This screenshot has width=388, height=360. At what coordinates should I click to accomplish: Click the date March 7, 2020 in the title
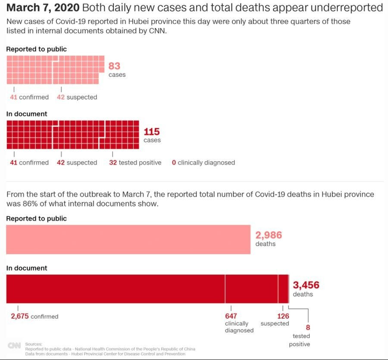click(x=43, y=8)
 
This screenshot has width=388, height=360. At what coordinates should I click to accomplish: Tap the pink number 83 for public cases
click(x=114, y=66)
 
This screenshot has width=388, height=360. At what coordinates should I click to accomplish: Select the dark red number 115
click(x=152, y=131)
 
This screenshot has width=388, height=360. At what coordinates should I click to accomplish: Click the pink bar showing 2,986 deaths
click(x=128, y=239)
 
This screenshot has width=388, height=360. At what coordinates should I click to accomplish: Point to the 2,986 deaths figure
click(x=269, y=235)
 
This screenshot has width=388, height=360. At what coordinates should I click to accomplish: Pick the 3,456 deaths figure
click(x=306, y=285)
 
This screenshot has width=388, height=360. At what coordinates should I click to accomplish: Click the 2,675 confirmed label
click(x=34, y=316)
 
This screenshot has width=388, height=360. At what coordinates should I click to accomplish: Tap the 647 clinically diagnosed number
click(x=231, y=316)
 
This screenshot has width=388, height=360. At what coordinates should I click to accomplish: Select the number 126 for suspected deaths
click(x=283, y=316)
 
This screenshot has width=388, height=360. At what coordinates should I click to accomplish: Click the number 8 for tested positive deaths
click(x=308, y=327)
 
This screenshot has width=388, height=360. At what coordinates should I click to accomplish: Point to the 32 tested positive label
click(x=135, y=163)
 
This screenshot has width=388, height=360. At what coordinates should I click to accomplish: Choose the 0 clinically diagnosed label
click(x=203, y=163)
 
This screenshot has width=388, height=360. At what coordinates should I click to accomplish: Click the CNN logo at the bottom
click(x=14, y=346)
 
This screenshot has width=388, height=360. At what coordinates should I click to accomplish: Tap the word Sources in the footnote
click(x=34, y=344)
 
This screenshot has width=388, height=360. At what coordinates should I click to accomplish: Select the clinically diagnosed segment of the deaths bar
click(x=251, y=289)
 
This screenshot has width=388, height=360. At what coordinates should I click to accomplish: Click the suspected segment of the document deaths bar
click(x=283, y=289)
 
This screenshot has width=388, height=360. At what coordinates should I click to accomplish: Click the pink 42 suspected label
click(x=77, y=97)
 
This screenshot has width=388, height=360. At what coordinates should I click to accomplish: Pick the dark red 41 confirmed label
click(x=29, y=163)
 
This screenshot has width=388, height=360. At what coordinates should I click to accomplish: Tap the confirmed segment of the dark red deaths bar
click(x=115, y=289)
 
